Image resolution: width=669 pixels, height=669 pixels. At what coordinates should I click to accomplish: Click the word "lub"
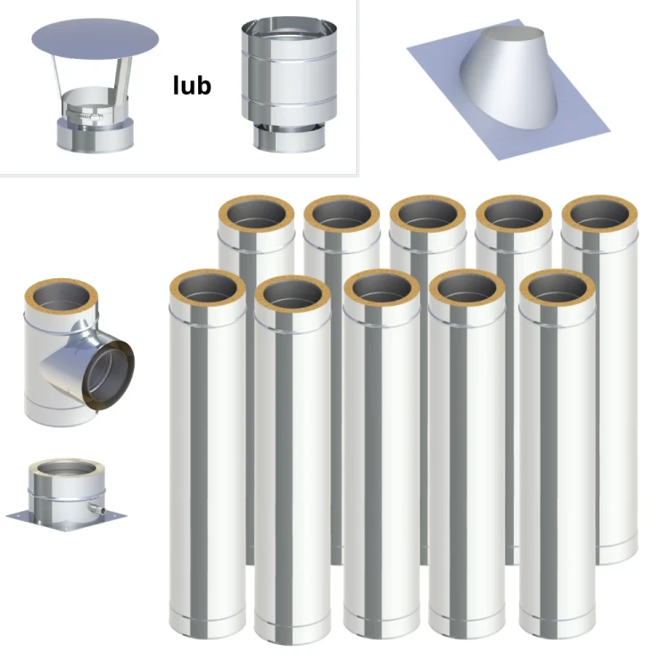click(x=192, y=85)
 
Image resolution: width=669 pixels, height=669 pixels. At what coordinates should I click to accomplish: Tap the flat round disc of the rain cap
click(x=95, y=39)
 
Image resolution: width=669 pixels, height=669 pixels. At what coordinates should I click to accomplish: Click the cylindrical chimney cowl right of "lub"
click(x=289, y=85)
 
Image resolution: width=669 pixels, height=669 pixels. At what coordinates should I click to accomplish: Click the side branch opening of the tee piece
click(x=108, y=376)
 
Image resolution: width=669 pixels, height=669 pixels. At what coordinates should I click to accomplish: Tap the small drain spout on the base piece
click(x=97, y=509)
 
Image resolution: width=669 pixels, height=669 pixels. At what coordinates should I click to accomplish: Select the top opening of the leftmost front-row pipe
click(x=207, y=287)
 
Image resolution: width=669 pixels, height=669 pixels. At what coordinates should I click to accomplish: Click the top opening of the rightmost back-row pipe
click(x=599, y=214)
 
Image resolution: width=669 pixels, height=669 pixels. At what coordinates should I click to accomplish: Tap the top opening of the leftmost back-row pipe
click(x=256, y=214)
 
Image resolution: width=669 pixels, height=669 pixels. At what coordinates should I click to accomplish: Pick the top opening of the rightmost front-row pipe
click(x=557, y=287)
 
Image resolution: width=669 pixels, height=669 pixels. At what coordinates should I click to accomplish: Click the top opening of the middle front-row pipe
click(x=382, y=287)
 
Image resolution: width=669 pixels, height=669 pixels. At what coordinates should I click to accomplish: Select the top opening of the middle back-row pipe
click(x=428, y=214)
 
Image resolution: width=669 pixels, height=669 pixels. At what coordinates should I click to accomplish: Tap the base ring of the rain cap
click(x=95, y=135)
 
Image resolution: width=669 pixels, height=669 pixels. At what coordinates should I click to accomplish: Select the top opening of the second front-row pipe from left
click(x=293, y=294)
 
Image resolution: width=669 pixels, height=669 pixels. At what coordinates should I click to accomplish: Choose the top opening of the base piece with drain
click(x=67, y=469)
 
